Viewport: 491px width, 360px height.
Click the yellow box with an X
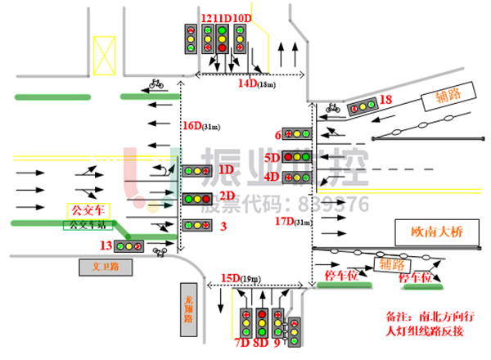coord(104,56)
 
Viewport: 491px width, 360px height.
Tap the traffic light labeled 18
coord(363,106)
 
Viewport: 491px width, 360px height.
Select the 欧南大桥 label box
coord(437,232)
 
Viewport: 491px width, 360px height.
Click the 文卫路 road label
coord(106,267)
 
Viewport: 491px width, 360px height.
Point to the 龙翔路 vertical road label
coord(188,309)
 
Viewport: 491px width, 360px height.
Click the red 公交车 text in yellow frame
coord(88,210)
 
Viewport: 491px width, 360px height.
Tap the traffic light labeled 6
coord(297,133)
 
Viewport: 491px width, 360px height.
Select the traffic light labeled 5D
coord(297,156)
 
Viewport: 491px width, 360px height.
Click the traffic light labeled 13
coord(128,245)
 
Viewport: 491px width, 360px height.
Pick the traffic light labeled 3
coord(197,225)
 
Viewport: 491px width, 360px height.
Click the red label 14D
coord(247,83)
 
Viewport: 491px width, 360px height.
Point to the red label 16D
coord(191,126)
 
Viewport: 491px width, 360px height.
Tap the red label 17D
coord(284,221)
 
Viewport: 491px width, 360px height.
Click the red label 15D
coord(230,278)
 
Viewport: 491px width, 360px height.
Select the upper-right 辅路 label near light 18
coord(448,97)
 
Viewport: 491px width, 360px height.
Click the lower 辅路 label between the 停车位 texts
coord(392,264)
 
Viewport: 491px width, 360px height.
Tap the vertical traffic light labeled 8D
coord(262,323)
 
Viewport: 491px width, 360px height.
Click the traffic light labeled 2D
coord(197,198)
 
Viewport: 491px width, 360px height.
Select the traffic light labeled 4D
coord(297,177)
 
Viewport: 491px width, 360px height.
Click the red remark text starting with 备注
coord(430,323)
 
